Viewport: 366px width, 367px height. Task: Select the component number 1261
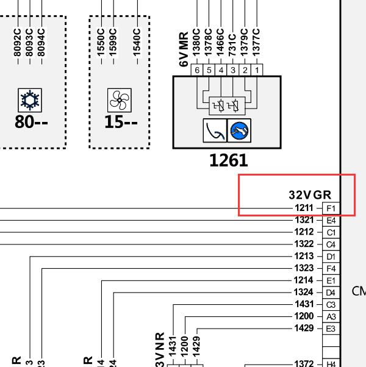(x=228, y=160)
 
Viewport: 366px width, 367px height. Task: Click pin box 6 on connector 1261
(x=197, y=71)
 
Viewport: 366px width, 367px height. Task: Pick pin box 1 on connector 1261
(x=257, y=71)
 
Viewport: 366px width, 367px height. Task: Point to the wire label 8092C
(x=18, y=41)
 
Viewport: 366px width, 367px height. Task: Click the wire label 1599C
(x=113, y=41)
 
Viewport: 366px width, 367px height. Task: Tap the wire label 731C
(x=232, y=41)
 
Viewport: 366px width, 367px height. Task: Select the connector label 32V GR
(x=310, y=195)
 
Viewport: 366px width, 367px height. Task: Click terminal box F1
(x=331, y=208)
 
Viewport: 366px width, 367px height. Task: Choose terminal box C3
(x=331, y=305)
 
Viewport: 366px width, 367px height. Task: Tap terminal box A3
(x=331, y=317)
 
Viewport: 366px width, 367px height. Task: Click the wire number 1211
(x=304, y=208)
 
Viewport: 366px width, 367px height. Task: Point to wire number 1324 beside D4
(x=304, y=293)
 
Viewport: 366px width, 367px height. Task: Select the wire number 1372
(x=304, y=364)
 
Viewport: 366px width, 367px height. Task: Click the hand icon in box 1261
(x=240, y=130)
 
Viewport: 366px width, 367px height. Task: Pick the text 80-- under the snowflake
(x=32, y=123)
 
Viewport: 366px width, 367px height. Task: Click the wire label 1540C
(x=137, y=41)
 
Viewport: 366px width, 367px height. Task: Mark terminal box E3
(x=331, y=329)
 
